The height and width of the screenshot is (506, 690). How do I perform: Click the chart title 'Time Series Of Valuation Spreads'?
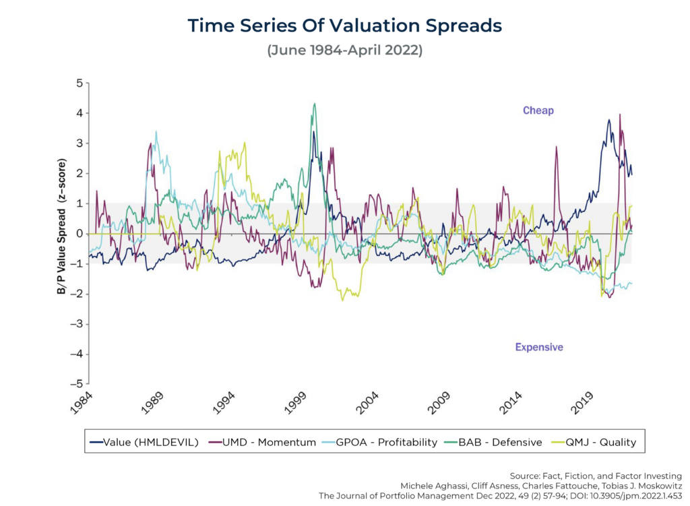(344, 26)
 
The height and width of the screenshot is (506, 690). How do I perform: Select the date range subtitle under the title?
(344, 51)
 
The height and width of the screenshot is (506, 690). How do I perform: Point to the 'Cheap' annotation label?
(538, 110)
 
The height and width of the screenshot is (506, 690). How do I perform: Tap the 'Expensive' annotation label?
(539, 347)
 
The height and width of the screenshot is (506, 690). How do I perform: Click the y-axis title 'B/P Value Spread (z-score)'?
(62, 233)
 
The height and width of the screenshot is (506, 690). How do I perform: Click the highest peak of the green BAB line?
(314, 104)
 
